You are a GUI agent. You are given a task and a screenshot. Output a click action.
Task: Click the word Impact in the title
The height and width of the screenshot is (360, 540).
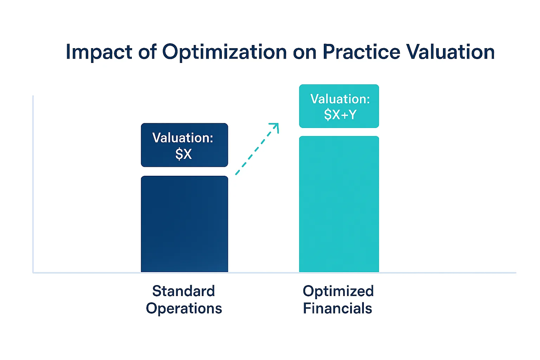(99, 52)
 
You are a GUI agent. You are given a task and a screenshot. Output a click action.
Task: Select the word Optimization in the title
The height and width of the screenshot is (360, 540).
(224, 52)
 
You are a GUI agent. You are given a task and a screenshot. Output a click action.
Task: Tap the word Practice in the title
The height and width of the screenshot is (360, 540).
(361, 52)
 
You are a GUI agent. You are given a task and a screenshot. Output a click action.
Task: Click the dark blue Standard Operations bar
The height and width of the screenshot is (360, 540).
(184, 224)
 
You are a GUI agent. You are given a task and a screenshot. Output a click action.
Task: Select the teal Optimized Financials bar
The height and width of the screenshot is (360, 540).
(339, 204)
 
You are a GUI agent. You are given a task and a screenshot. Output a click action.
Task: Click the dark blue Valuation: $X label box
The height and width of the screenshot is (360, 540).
(184, 145)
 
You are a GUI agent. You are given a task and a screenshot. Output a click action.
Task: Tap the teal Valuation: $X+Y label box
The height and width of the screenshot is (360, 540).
(339, 106)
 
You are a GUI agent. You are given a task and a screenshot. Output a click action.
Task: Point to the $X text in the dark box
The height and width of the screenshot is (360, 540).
(184, 154)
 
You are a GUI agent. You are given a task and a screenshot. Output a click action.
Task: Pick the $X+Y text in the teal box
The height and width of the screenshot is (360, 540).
(340, 115)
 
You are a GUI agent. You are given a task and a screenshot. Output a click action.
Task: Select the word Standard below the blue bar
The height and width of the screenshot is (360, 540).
(183, 291)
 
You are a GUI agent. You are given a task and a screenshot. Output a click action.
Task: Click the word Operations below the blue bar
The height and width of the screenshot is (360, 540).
(184, 308)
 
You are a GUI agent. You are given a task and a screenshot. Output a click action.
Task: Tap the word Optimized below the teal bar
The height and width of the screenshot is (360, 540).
(338, 291)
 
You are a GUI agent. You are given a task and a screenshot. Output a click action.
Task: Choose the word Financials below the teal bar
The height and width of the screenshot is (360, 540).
(337, 308)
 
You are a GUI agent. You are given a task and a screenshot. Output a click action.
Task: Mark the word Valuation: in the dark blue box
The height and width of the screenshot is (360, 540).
(183, 137)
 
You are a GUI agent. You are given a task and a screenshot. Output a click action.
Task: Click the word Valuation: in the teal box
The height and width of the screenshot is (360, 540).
(340, 99)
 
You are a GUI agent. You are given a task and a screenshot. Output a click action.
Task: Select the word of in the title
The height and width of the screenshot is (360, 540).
(147, 52)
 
